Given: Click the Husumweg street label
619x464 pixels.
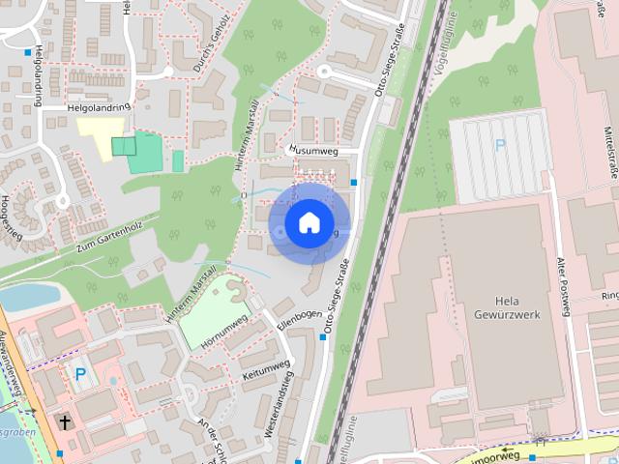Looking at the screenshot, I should (310, 151).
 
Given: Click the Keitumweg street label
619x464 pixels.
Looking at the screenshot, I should (266, 369).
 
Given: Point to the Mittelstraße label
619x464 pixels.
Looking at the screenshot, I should (609, 145).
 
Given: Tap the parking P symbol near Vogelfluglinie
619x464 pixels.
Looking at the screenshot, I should (500, 146).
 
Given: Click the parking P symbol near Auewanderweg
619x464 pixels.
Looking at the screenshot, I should (80, 372).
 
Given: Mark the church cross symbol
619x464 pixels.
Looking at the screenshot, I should (65, 422).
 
